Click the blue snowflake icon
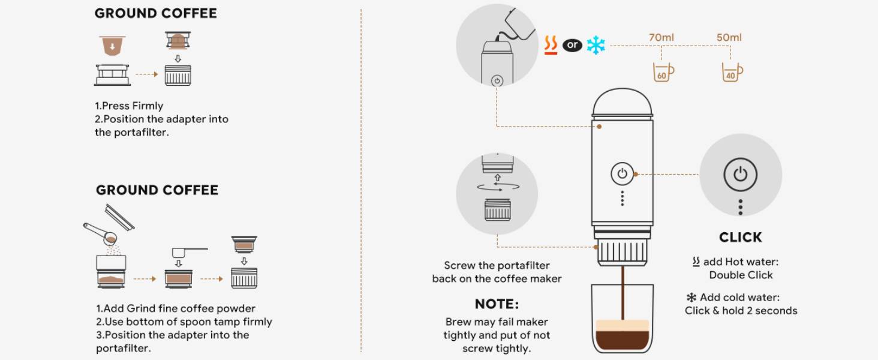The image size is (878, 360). [596, 45]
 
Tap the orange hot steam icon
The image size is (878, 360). [551, 45]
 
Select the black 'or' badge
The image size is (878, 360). [572, 45]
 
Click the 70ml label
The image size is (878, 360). [661, 37]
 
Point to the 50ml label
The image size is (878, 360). [729, 37]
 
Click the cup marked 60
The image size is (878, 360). [663, 72]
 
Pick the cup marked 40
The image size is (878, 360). [732, 72]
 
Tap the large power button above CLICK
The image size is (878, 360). [740, 175]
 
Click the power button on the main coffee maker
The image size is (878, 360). [622, 173]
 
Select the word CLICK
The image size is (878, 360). [741, 237]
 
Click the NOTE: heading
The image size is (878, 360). [497, 304]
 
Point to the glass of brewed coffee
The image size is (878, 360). [623, 319]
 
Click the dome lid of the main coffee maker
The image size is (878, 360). [623, 102]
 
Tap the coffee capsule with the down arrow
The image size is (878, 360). [113, 46]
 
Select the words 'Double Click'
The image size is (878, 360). [741, 275]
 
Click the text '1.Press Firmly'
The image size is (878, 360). [129, 106]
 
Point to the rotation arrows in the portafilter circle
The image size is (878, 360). [498, 187]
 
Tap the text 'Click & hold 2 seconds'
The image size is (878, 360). [741, 311]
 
